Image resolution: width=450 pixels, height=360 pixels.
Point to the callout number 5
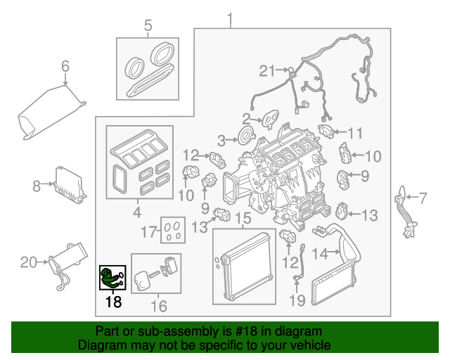coord(148,27)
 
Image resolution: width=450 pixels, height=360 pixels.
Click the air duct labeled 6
coord(49,112)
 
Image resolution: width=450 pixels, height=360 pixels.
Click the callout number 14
coord(320,252)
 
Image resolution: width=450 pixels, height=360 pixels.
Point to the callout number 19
coord(298,301)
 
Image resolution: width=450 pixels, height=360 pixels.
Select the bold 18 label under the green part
coord(113,302)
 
